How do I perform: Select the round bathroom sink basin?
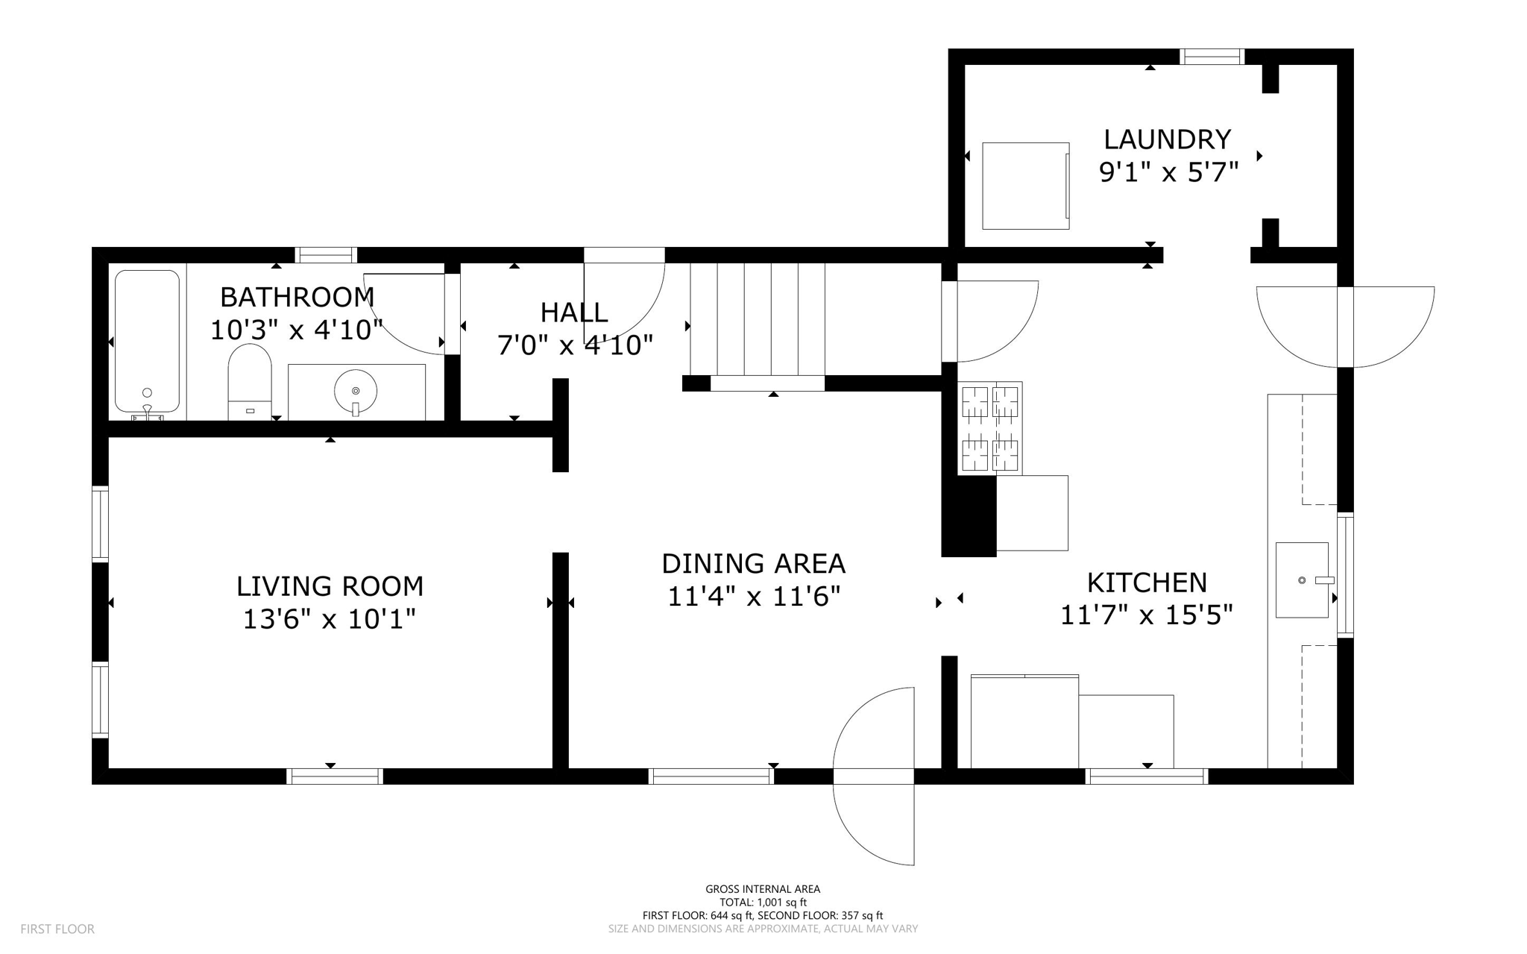click(x=356, y=391)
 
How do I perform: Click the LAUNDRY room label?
click(x=1167, y=139)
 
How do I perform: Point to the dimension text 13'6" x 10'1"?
click(x=330, y=619)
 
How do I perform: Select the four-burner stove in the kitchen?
click(x=989, y=427)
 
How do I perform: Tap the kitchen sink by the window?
click(x=1302, y=580)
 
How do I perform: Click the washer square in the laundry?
click(x=1025, y=186)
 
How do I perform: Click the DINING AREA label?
click(x=753, y=563)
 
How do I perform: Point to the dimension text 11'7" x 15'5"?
click(x=1146, y=615)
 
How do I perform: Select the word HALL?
click(x=574, y=312)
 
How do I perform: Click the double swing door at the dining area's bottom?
click(x=874, y=776)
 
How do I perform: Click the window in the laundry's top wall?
click(x=1212, y=57)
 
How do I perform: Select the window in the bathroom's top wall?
click(x=326, y=255)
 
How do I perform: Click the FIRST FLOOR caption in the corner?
click(x=57, y=929)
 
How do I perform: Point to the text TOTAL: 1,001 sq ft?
click(x=763, y=903)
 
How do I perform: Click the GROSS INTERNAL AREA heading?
click(x=763, y=889)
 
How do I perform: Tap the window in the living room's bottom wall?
click(x=335, y=776)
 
